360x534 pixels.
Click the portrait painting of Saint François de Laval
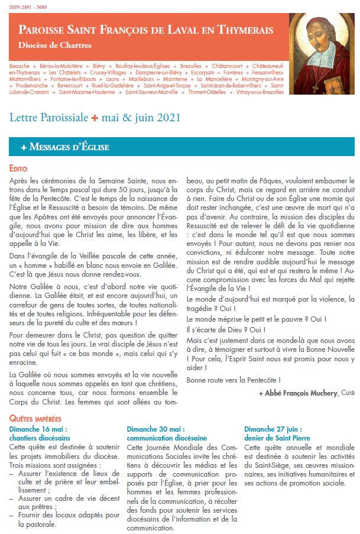click(322, 49)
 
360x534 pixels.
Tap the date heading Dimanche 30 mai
click(155, 429)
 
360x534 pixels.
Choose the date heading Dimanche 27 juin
click(274, 429)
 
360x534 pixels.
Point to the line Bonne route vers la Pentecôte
click(233, 380)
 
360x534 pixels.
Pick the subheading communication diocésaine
click(167, 438)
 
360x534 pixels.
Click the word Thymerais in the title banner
click(247, 29)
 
